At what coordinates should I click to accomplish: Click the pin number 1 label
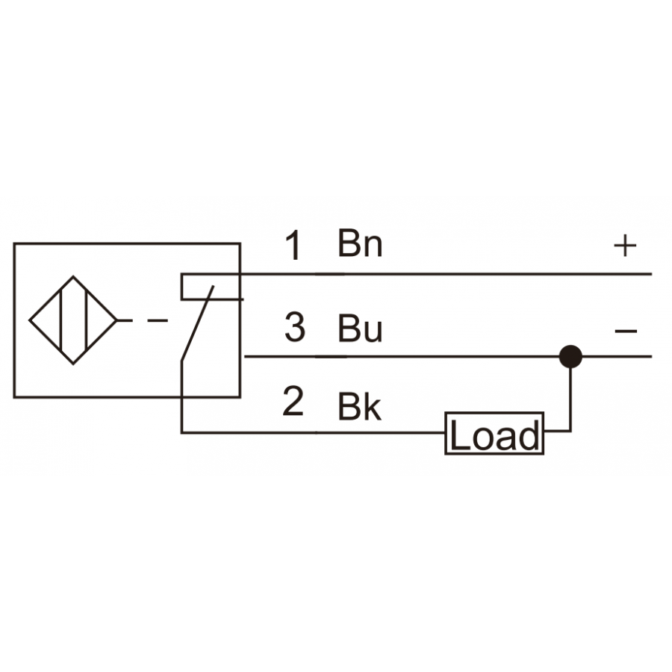pos(293,245)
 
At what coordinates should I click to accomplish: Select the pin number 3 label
pos(295,328)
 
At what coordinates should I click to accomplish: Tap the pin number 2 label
pos(293,401)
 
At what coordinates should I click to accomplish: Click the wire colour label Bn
pos(360,243)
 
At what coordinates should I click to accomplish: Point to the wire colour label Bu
pos(360,329)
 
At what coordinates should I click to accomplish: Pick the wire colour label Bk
pos(359,406)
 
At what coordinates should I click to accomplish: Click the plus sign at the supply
pos(625,246)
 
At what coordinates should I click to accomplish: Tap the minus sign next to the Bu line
pos(626,331)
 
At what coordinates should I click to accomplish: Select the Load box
pos(494,433)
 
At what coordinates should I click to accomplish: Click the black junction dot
pos(570,356)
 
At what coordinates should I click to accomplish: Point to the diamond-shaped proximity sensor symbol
pos(73,320)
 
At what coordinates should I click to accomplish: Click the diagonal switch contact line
pos(198,323)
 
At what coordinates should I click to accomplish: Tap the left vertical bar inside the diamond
pos(61,320)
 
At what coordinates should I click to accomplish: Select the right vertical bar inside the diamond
pos(87,320)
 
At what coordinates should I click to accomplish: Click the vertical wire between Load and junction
pos(570,399)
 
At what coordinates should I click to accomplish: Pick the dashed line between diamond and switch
pos(143,320)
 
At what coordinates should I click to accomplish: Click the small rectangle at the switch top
pos(212,286)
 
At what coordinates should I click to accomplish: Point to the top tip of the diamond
pos(73,276)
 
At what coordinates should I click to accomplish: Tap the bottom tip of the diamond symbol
pos(73,364)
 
